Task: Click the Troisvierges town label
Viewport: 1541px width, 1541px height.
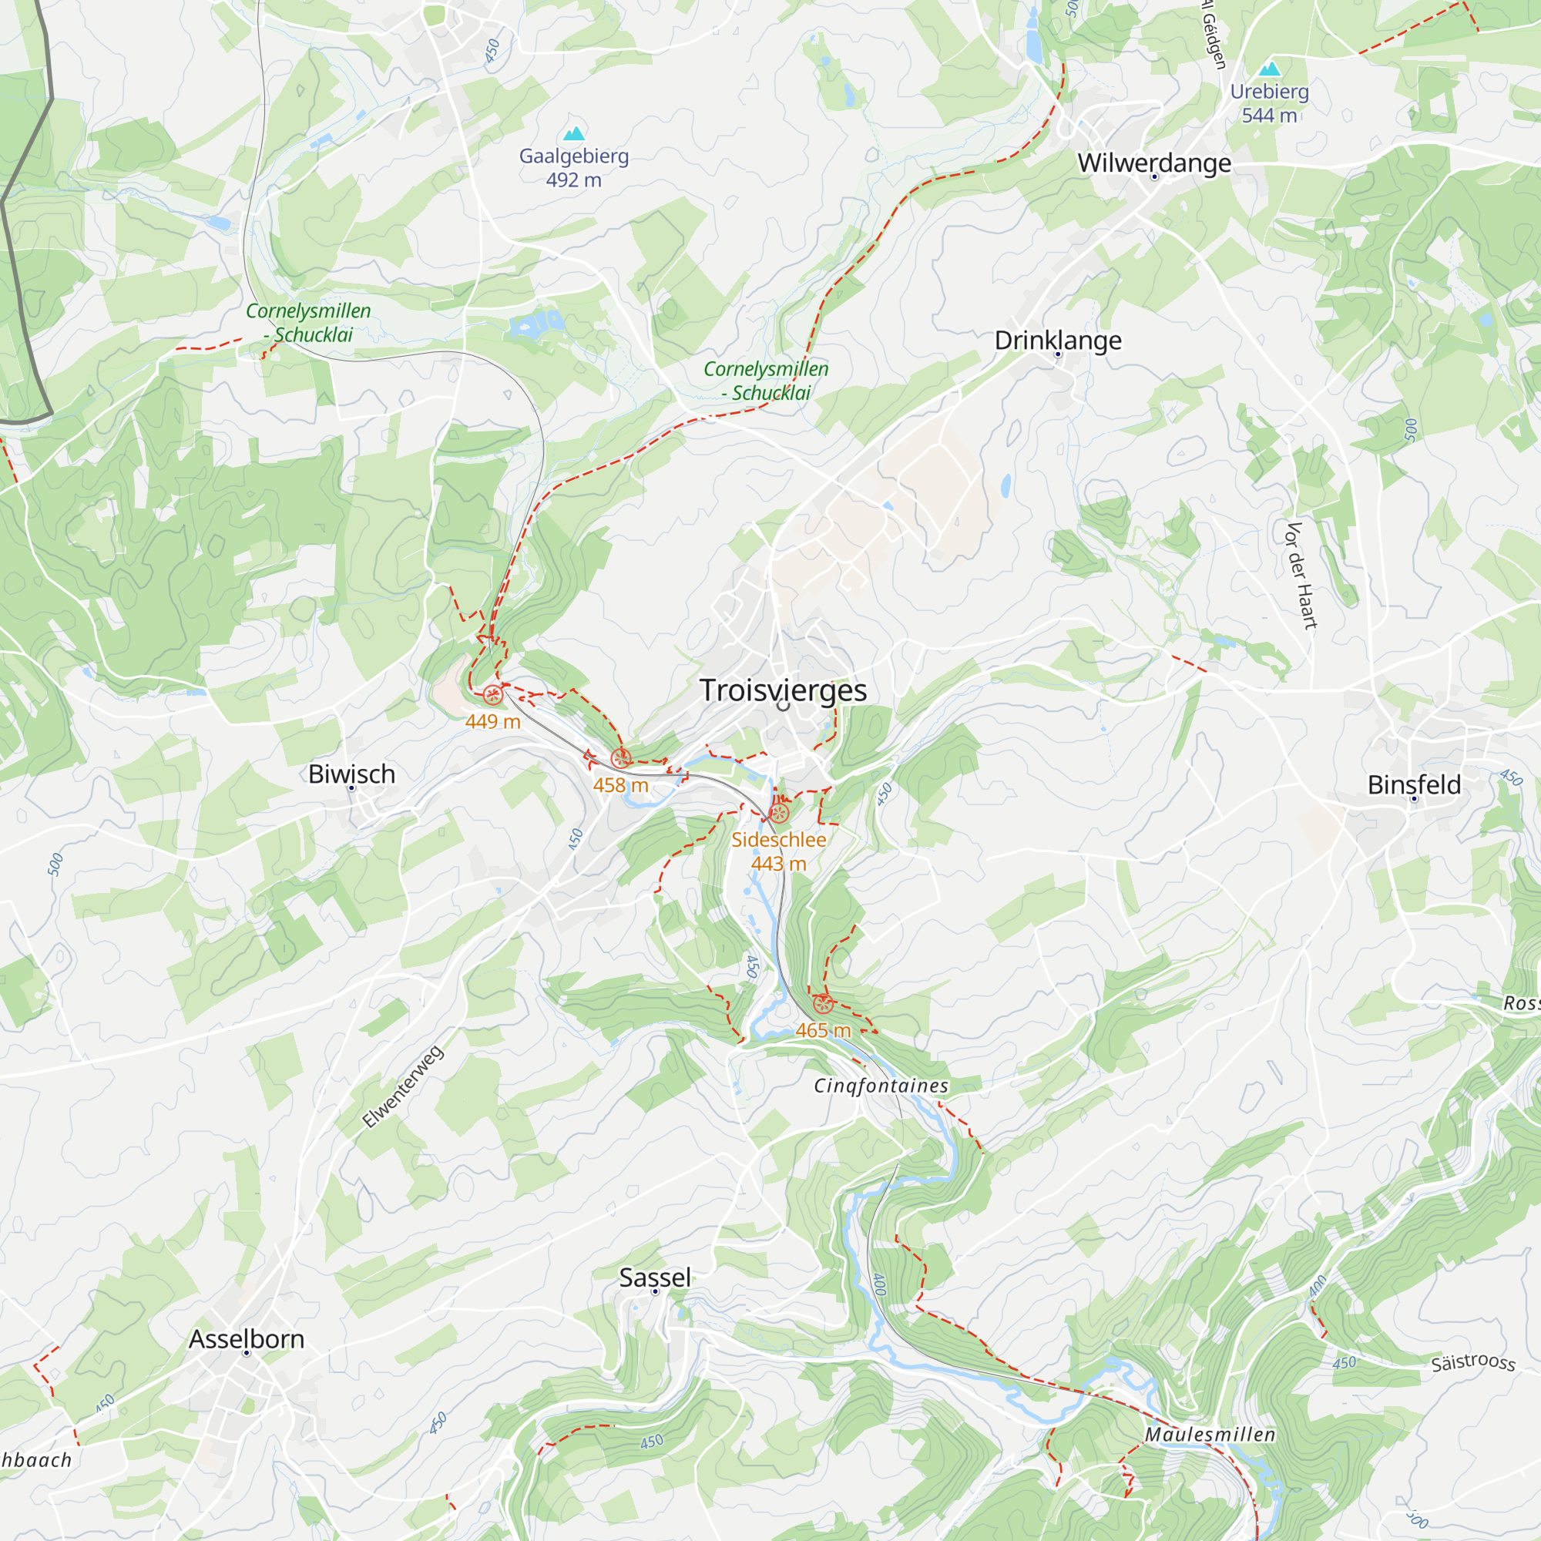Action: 783,690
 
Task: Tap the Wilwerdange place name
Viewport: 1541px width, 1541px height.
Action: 1154,163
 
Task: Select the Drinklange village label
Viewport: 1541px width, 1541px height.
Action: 1058,341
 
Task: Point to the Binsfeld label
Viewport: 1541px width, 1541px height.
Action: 1414,785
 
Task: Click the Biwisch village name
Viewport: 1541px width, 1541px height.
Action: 352,774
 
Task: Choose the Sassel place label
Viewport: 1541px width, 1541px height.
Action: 655,1277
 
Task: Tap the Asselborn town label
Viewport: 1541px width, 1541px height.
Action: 247,1339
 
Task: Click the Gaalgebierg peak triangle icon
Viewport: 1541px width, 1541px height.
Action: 573,133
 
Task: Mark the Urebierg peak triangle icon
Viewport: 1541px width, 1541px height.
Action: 1270,69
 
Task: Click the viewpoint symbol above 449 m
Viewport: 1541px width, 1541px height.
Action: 493,695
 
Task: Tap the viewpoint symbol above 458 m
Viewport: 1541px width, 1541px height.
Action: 620,758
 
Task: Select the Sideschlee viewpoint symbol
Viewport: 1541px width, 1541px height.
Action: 779,814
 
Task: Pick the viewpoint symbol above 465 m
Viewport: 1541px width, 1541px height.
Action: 822,1004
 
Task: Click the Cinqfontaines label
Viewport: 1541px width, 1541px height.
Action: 881,1086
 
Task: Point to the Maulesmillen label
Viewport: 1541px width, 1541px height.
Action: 1210,1434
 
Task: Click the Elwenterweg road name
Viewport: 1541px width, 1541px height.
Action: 403,1086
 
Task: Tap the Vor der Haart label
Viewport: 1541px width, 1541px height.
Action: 1300,576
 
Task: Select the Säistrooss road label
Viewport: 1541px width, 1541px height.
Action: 1472,1361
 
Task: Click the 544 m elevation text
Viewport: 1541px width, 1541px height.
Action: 1269,116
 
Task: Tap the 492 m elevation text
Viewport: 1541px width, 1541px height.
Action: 573,180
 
